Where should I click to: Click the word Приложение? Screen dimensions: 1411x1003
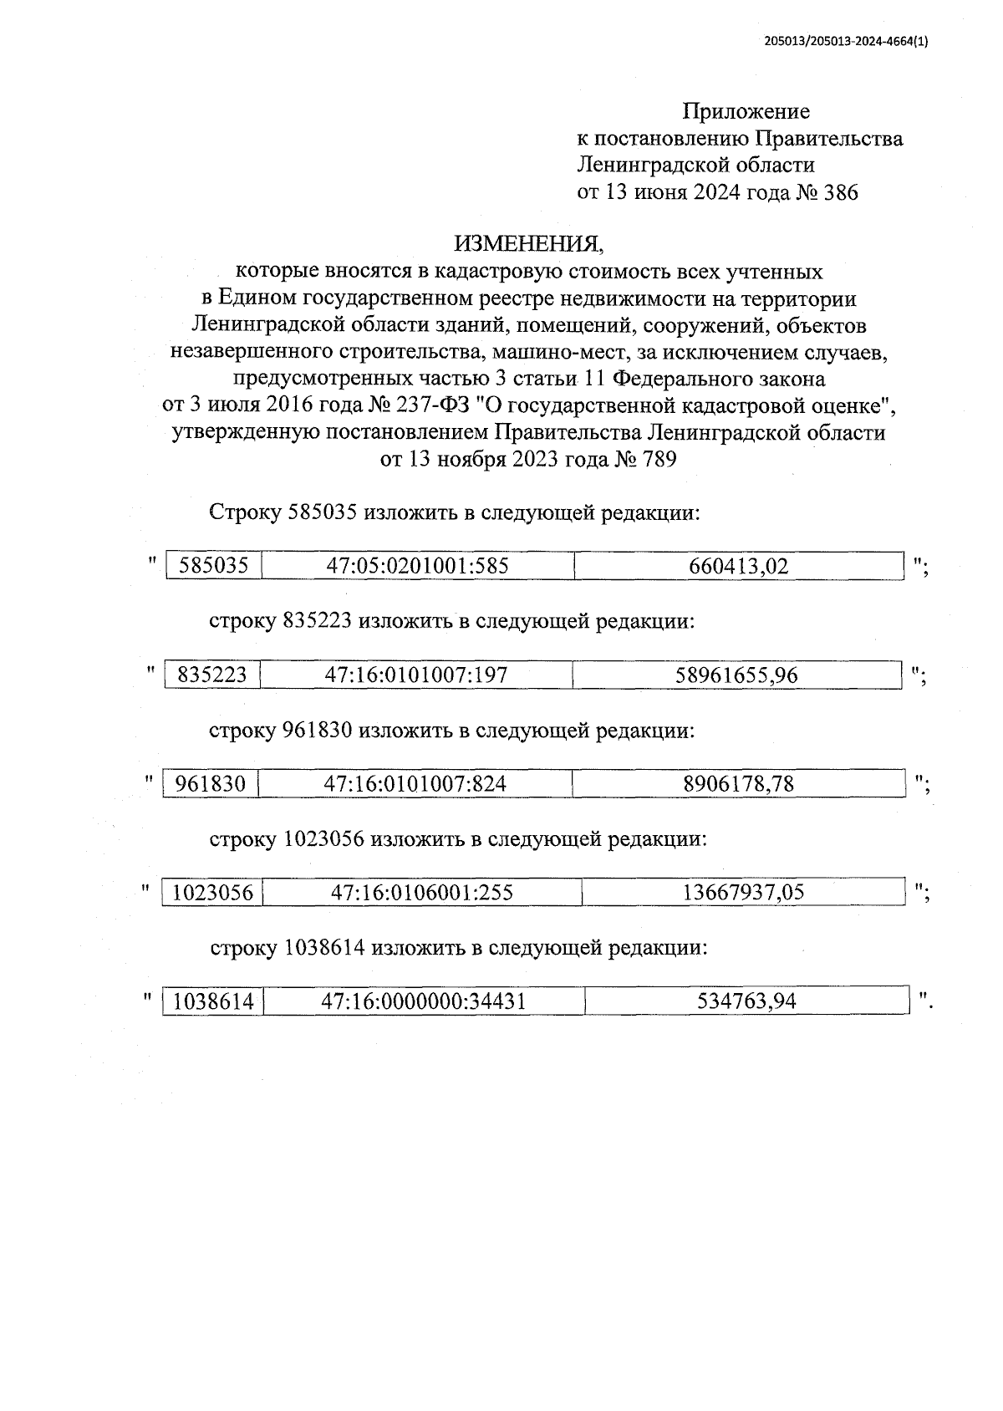coord(746,111)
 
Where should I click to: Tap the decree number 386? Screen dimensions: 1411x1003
coord(840,193)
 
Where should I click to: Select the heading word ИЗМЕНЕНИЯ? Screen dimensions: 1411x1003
coord(527,243)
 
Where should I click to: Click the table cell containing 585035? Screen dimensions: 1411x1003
coord(214,566)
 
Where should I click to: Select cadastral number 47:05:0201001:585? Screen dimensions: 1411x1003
coord(417,566)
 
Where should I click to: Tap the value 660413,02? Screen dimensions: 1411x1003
coord(738,566)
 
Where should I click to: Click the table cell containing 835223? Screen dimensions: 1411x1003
coord(212,675)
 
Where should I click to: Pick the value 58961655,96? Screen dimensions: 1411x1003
coord(736,675)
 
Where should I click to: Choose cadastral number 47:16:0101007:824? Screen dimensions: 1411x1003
coord(415,783)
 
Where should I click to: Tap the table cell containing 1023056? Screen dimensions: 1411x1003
coord(212,892)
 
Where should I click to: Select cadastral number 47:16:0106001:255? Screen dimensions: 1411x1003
coord(421,892)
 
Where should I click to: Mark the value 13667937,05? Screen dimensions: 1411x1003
coord(743,892)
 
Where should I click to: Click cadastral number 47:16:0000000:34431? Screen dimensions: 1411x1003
coord(424,1001)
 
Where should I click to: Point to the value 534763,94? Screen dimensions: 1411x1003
coord(746,1001)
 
